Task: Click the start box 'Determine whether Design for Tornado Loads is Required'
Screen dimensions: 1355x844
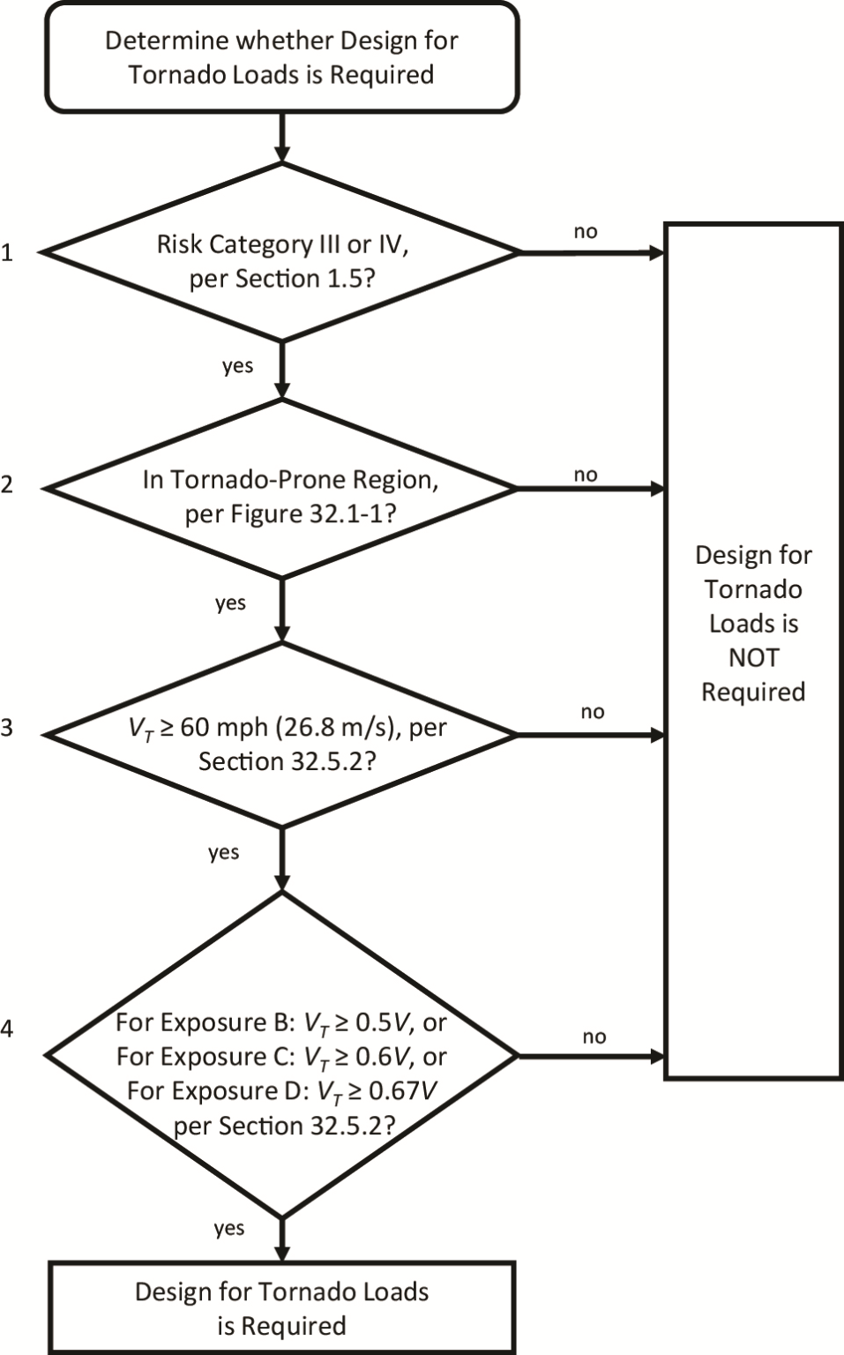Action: (x=281, y=57)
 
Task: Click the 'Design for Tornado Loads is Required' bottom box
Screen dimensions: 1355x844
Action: (x=281, y=1308)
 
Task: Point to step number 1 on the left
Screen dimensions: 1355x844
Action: (x=7, y=253)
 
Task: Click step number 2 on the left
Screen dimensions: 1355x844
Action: (x=7, y=484)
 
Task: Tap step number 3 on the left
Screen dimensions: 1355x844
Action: (x=7, y=729)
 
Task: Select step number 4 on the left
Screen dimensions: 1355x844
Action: (x=7, y=1029)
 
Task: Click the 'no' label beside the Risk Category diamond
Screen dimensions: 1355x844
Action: (x=586, y=232)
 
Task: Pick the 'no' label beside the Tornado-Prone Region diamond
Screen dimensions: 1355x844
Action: (x=586, y=475)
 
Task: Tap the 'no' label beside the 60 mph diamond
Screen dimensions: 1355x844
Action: (x=593, y=712)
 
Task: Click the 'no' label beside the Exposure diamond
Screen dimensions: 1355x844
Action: (x=594, y=1037)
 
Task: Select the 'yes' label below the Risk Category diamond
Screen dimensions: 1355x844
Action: (x=237, y=366)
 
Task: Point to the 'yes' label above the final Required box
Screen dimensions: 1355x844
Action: (x=229, y=1228)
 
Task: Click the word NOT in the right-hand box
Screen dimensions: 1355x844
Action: (x=753, y=658)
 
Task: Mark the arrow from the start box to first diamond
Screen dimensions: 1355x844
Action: (x=281, y=138)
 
